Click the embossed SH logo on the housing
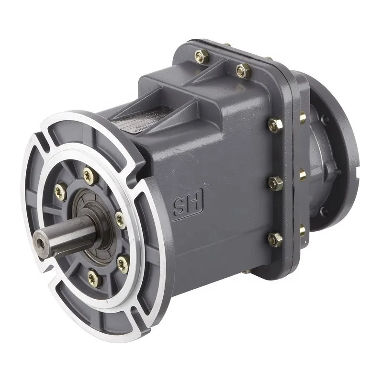click(x=188, y=203)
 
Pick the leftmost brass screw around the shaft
click(x=60, y=191)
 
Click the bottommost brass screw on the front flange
click(x=93, y=278)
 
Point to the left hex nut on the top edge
click(x=202, y=56)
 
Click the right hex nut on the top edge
click(x=244, y=71)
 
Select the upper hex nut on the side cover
click(x=275, y=125)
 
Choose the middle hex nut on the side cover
click(x=276, y=183)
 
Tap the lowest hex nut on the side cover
click(x=275, y=239)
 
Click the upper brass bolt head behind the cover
click(x=303, y=117)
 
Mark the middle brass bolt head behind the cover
click(x=303, y=175)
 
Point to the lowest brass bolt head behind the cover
click(x=302, y=230)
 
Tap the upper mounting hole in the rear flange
click(x=325, y=119)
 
